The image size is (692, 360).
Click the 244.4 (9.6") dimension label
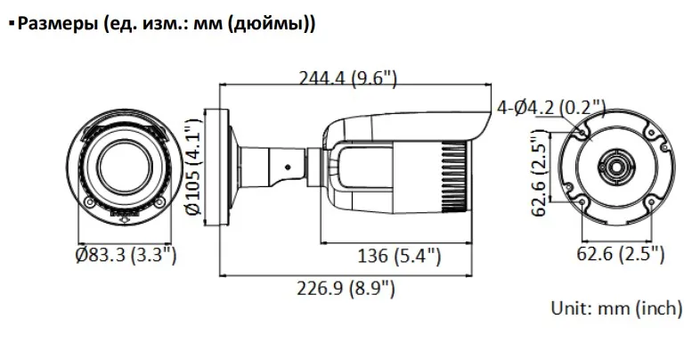[x=348, y=79]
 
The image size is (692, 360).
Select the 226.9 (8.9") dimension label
[x=346, y=289]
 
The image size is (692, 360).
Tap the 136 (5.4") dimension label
[x=399, y=256]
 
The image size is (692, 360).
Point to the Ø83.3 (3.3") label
[x=126, y=255]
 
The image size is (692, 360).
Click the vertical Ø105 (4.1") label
[x=193, y=167]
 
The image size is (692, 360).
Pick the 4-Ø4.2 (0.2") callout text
[x=551, y=108]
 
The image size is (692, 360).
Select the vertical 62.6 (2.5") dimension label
[x=539, y=173]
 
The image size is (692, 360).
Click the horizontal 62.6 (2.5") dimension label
[x=621, y=254]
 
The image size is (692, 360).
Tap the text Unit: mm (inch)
[x=616, y=308]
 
